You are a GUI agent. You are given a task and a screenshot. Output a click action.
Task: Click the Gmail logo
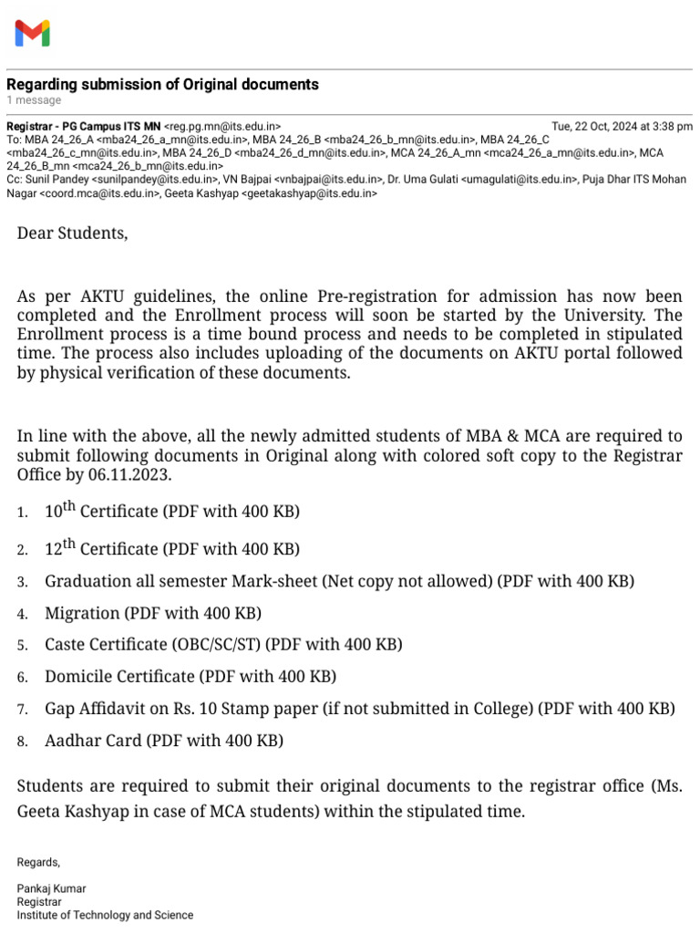point(32,34)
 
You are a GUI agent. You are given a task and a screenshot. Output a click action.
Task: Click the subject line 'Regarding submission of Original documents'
point(162,84)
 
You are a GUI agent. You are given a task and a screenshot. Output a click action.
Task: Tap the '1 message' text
point(34,100)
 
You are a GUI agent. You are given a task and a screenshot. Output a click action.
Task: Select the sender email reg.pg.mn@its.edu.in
point(222,126)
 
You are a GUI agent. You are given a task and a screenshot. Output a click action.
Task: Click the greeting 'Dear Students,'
point(73,233)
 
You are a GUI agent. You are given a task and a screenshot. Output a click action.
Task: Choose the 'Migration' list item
point(82,613)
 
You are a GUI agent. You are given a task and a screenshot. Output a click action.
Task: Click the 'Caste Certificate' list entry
point(105,645)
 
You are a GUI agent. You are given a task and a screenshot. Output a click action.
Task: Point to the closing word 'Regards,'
point(38,862)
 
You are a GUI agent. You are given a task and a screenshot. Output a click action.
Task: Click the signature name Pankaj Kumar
point(51,888)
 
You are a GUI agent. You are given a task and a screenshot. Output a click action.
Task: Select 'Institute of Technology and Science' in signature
point(105,915)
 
